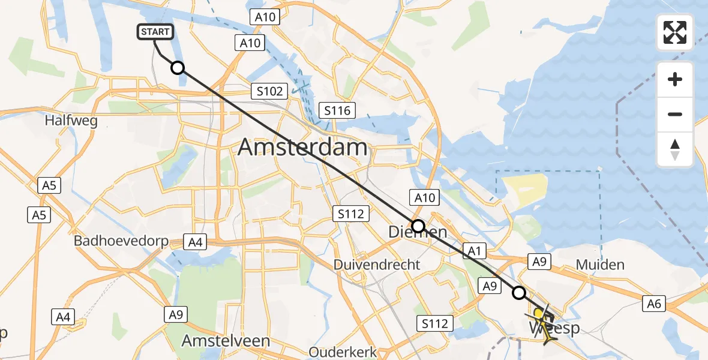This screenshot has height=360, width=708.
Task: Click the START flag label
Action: click(x=156, y=32)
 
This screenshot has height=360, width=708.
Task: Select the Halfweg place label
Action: click(x=71, y=121)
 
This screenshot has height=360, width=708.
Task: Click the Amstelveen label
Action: click(x=226, y=341)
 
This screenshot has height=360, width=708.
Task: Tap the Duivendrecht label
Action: click(x=377, y=265)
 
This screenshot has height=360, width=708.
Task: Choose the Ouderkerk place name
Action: click(x=342, y=352)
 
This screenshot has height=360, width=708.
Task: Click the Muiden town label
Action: click(x=599, y=265)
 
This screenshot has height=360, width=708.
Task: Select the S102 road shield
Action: click(x=268, y=92)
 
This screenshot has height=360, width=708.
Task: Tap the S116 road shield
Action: click(x=338, y=110)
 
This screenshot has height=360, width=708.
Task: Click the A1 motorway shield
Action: click(x=474, y=251)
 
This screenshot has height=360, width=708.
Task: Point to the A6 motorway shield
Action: click(x=654, y=304)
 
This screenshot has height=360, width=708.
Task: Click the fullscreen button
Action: click(x=675, y=32)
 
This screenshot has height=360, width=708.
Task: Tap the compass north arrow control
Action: click(x=675, y=149)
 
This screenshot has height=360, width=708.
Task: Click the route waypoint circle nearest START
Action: click(x=178, y=68)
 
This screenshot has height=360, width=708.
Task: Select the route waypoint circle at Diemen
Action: click(x=418, y=226)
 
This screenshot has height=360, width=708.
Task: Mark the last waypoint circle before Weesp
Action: click(x=519, y=293)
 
